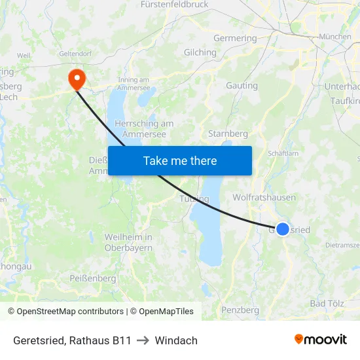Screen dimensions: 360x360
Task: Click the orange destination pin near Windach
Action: pos(77,79)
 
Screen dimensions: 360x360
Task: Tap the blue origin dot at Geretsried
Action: pos(282,228)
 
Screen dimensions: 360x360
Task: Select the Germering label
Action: pos(235,38)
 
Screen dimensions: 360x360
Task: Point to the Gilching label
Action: pos(200,52)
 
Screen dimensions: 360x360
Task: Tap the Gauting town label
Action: pos(242,86)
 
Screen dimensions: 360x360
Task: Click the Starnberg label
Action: pos(228,134)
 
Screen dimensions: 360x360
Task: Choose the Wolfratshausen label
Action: pos(264,197)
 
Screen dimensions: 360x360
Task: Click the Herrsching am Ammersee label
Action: pos(143,128)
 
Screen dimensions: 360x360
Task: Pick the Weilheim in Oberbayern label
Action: pos(128,242)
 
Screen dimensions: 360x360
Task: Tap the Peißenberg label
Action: pos(92,278)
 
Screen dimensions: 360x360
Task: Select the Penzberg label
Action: pos(240,310)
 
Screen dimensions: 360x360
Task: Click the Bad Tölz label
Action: pos(327,304)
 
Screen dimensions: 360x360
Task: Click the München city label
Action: pos(334,37)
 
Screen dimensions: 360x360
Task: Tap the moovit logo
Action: pos(321,339)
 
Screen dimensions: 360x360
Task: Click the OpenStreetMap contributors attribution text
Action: pos(66,312)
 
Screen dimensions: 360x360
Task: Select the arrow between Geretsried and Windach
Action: pos(143,340)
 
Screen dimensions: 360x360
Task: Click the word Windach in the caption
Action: pos(176,340)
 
